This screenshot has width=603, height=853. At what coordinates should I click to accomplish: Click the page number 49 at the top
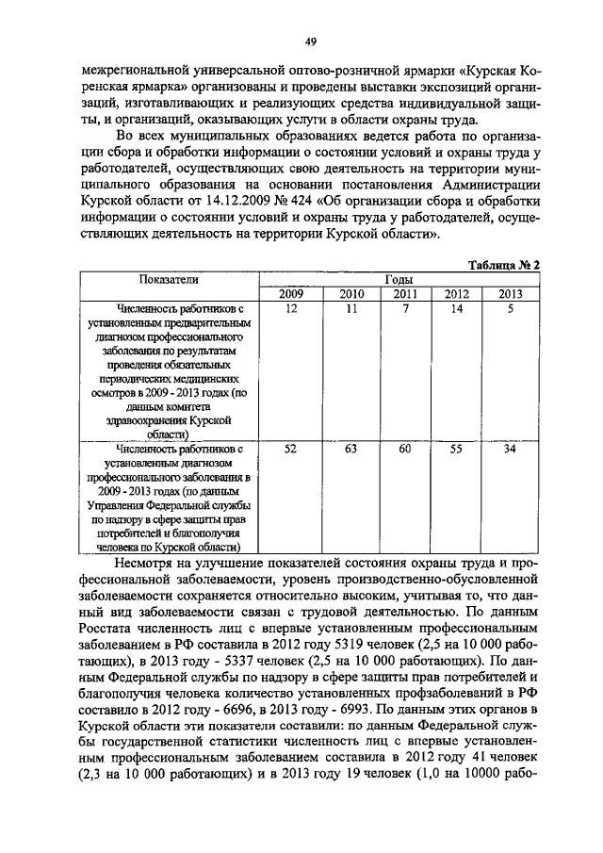(310, 41)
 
